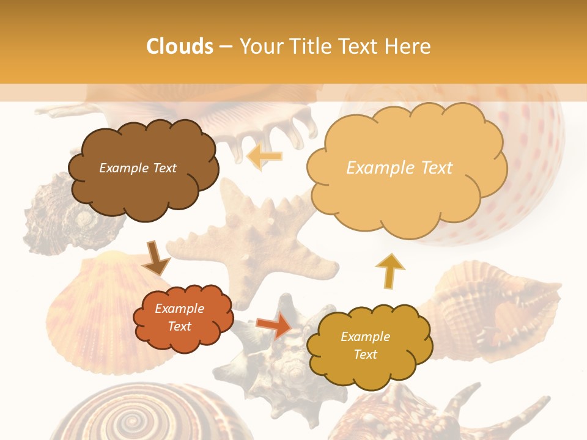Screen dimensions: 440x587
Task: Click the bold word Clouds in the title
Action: [x=180, y=46]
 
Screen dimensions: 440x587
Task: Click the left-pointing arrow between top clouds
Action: [x=264, y=157]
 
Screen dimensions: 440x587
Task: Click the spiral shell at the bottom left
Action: [x=128, y=419]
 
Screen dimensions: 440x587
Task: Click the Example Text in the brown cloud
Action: [x=138, y=168]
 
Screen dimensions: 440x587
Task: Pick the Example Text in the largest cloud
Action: [x=399, y=168]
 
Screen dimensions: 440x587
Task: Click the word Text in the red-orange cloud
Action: [x=180, y=326]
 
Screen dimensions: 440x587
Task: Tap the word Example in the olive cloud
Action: [x=365, y=337]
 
